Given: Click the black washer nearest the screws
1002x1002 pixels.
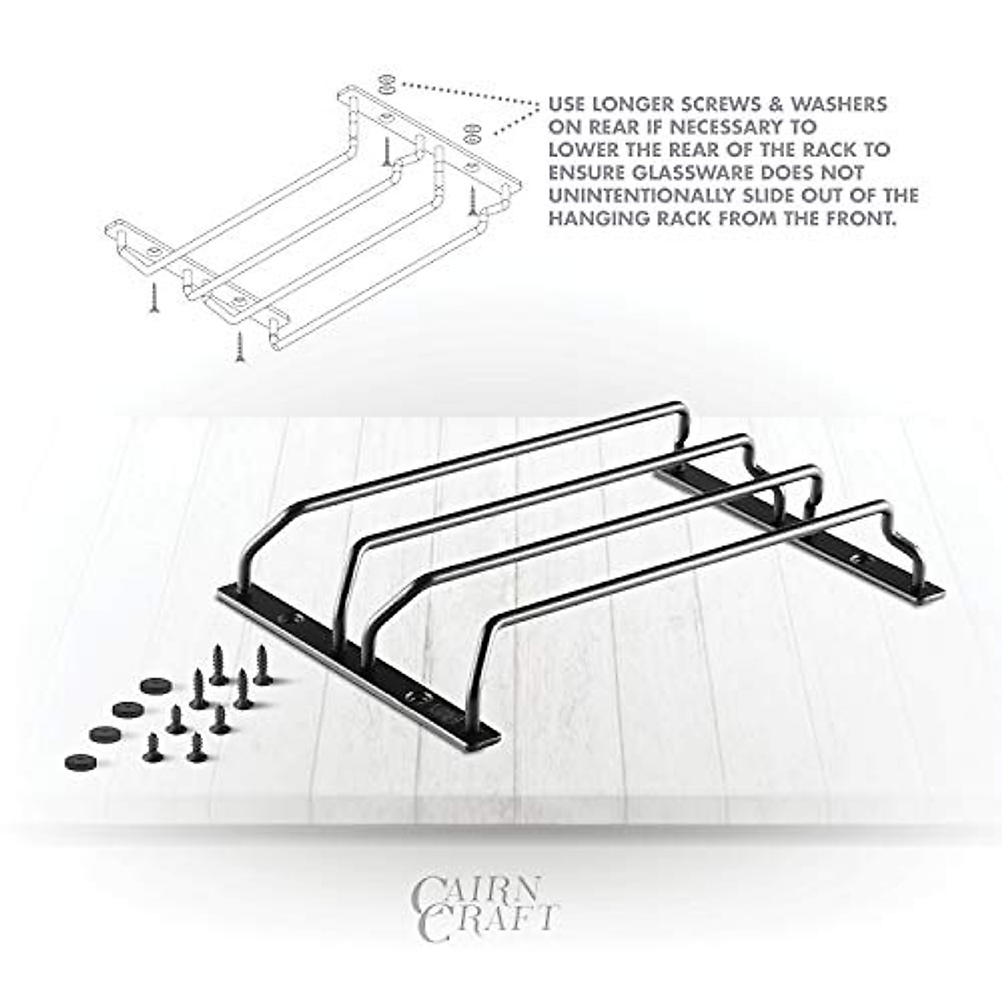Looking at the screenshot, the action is pos(153,686).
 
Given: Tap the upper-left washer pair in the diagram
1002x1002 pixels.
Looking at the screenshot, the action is pos(386,84).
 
